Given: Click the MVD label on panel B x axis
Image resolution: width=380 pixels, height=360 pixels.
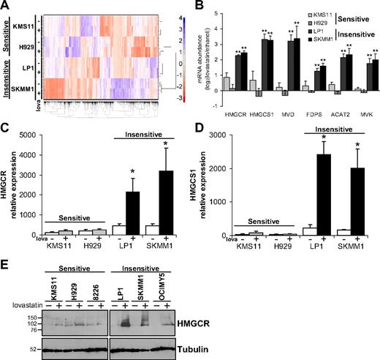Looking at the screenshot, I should point(289,113).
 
